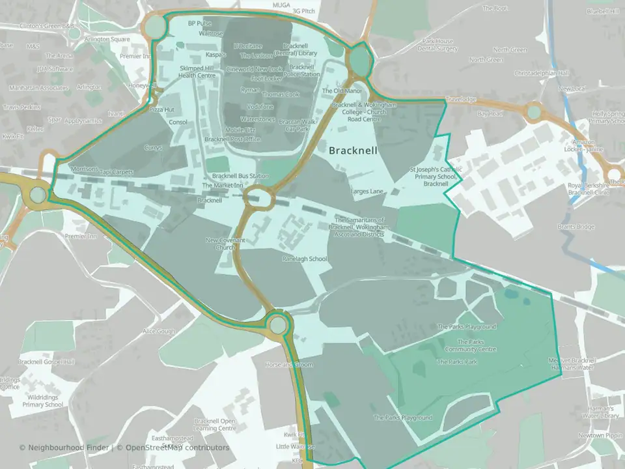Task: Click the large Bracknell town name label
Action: click(354, 150)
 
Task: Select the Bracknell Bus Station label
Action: click(240, 177)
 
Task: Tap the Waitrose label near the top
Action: click(210, 33)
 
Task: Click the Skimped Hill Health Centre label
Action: click(197, 72)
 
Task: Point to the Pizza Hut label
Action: click(161, 109)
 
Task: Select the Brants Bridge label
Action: click(576, 227)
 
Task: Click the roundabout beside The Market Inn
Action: click(258, 197)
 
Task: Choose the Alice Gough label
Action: click(159, 332)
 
